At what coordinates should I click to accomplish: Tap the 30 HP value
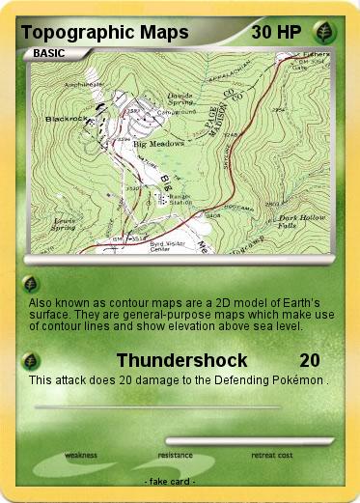click(x=276, y=32)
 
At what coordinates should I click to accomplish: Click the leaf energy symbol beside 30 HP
click(x=327, y=32)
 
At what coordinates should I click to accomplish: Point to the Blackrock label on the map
click(x=63, y=118)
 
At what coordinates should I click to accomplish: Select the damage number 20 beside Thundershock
click(x=309, y=361)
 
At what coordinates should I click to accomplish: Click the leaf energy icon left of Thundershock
click(x=32, y=361)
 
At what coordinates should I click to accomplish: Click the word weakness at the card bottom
click(x=81, y=455)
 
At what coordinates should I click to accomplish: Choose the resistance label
click(x=176, y=455)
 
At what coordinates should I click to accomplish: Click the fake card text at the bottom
click(x=169, y=481)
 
